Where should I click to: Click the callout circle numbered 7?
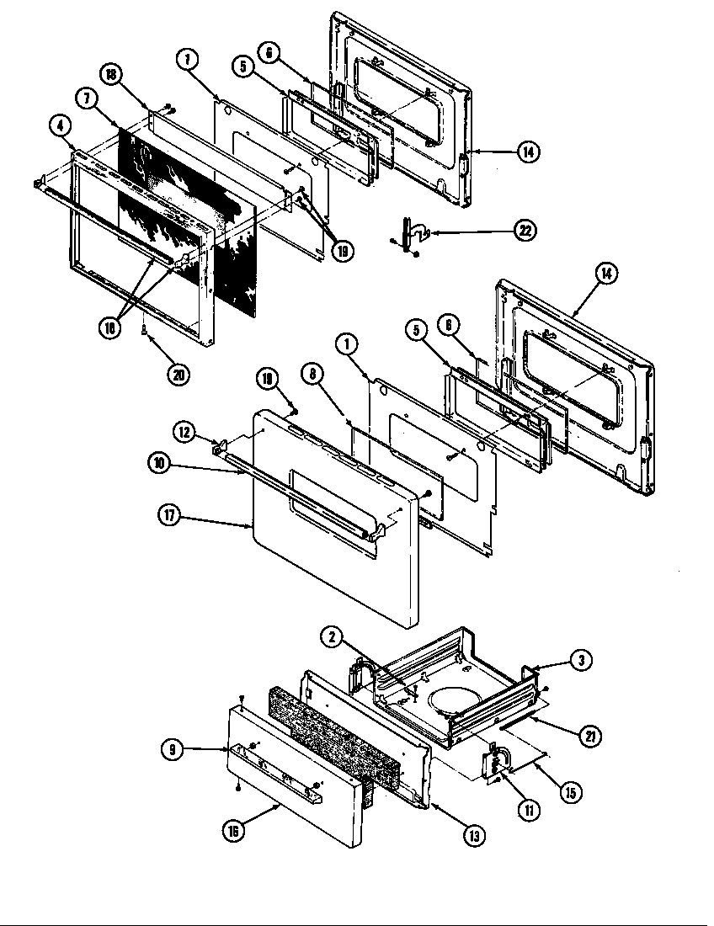click(x=87, y=98)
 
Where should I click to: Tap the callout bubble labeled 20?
click(x=178, y=375)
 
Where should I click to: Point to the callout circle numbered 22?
click(x=525, y=230)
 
